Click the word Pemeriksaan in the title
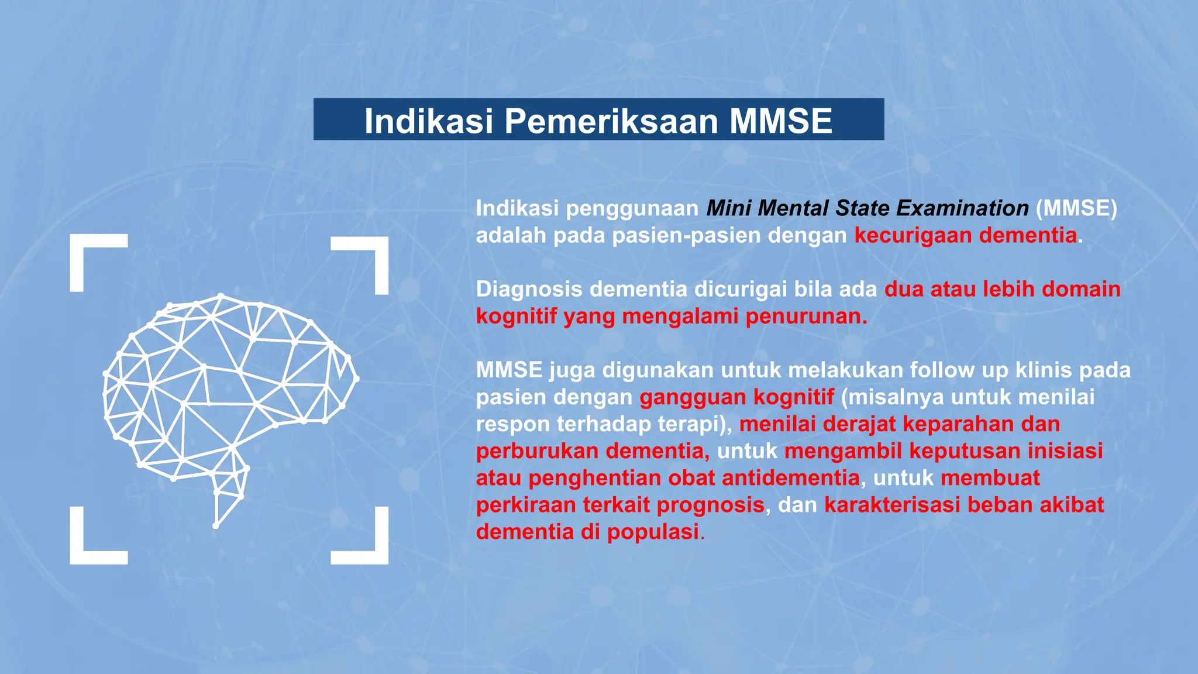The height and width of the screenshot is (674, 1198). coord(611,121)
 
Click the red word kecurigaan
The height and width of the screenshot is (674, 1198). coord(913,235)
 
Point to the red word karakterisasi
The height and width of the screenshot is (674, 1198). coord(892,505)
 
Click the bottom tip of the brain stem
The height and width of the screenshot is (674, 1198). coord(216,526)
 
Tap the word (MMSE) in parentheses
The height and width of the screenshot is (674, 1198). coord(1076,208)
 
